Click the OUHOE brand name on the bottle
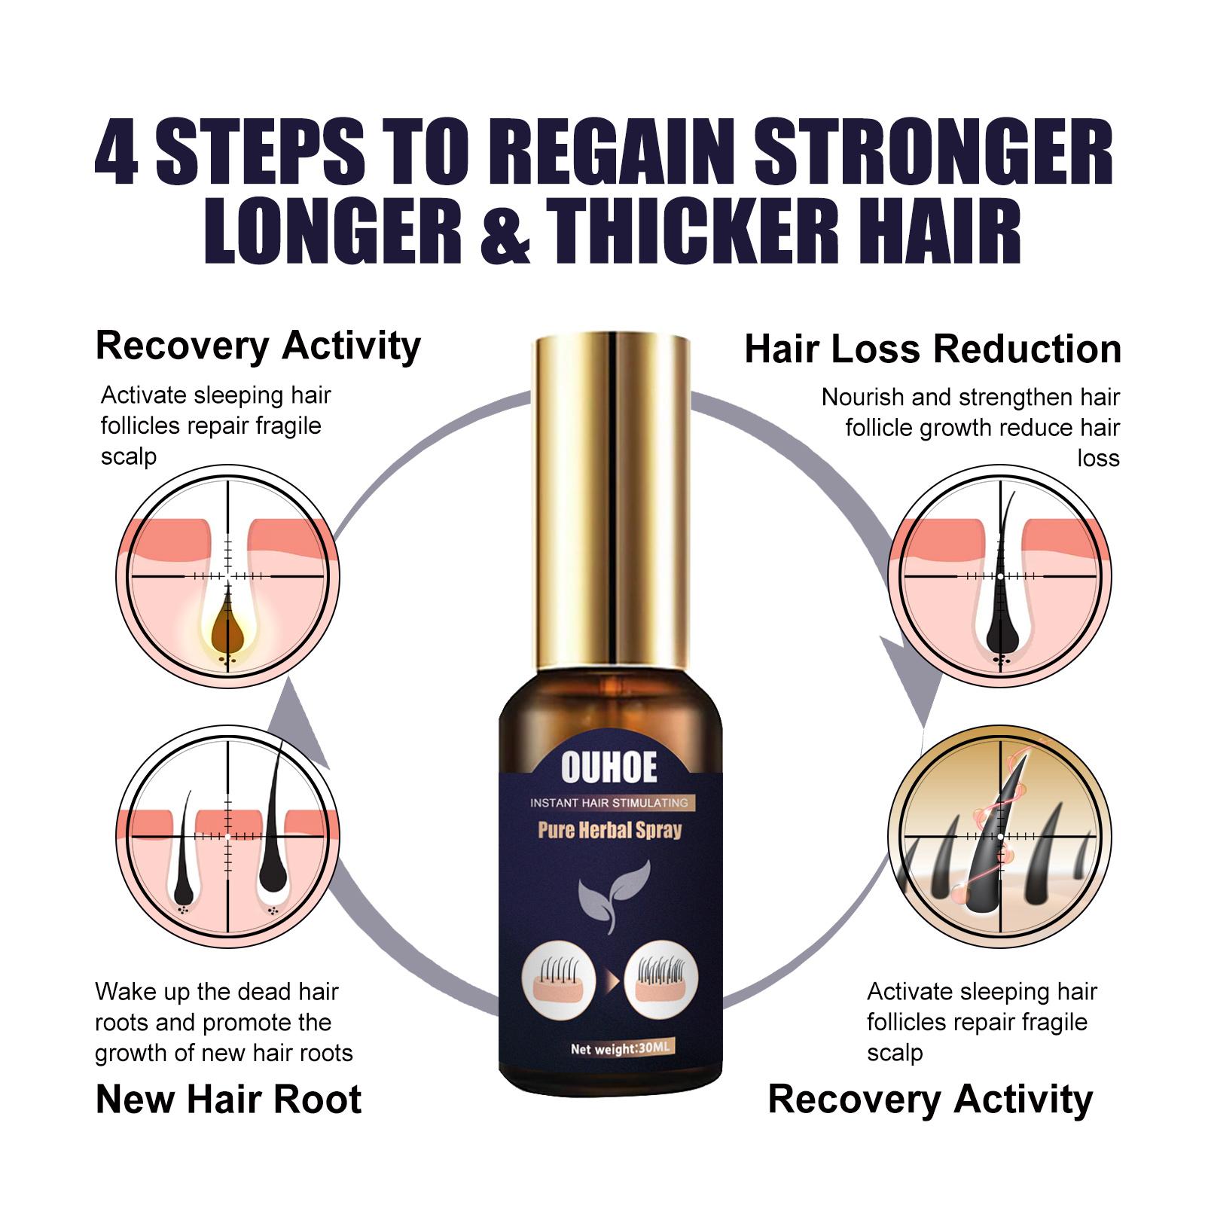609,768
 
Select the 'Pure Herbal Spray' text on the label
609,831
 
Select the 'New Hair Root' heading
228,1100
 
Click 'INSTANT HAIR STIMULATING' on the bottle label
609,803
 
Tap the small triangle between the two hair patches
610,982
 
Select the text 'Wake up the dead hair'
217,992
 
